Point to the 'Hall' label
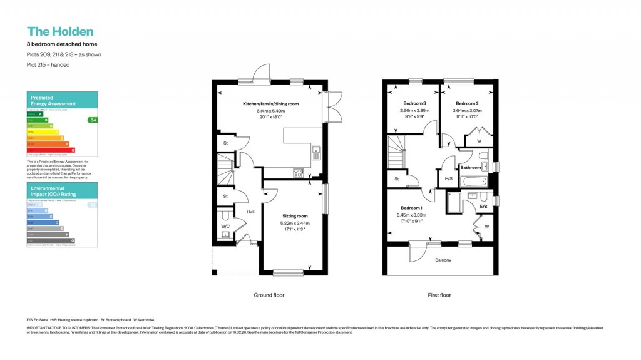click(x=251, y=212)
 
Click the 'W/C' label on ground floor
click(x=225, y=226)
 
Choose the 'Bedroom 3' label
click(x=414, y=103)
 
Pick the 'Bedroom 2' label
click(x=467, y=103)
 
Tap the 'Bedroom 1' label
click(x=411, y=207)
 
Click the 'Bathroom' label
click(x=471, y=168)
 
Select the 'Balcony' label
click(x=443, y=260)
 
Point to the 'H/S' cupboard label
click(x=448, y=178)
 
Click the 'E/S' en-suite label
click(x=483, y=206)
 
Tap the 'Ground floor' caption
click(x=269, y=295)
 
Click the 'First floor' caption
click(x=439, y=295)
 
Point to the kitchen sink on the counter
click(x=317, y=150)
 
